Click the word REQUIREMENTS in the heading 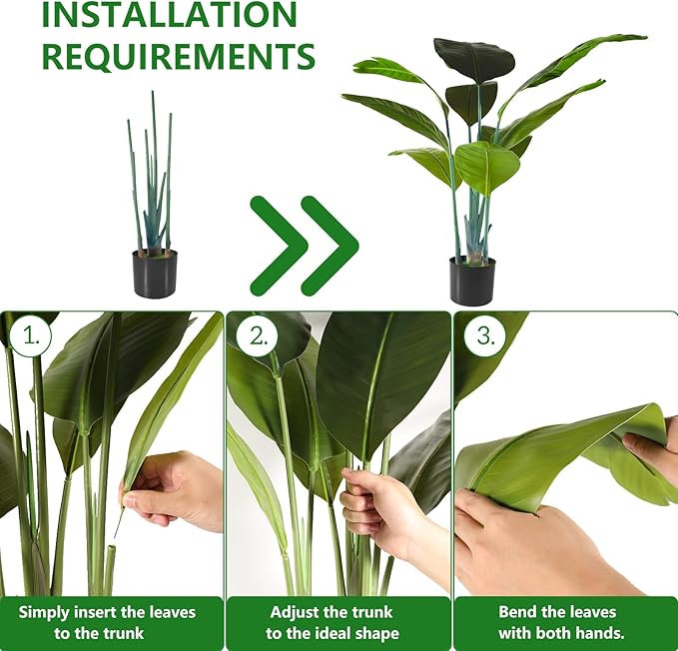click(x=178, y=56)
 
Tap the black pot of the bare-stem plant click(x=155, y=273)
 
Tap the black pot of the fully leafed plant click(x=472, y=281)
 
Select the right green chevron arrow click(x=329, y=246)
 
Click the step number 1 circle click(x=32, y=336)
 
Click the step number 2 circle click(x=259, y=336)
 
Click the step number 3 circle click(x=485, y=336)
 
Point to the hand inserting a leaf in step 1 click(x=175, y=489)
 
